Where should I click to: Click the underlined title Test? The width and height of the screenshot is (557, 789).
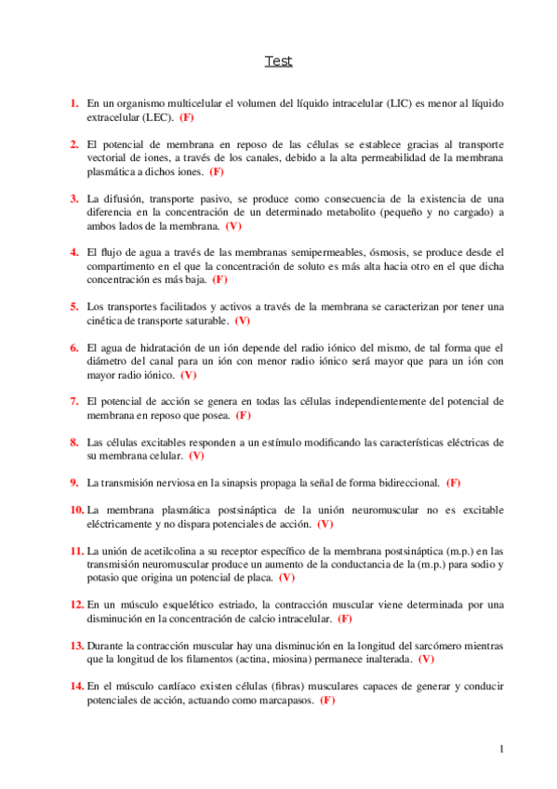click(x=278, y=61)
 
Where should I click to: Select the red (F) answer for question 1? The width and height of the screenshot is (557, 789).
click(x=187, y=118)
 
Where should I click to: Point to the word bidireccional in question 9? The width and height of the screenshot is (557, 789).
click(x=404, y=482)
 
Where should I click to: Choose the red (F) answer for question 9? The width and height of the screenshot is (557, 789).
click(x=454, y=482)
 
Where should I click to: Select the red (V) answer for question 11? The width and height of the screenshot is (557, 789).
click(x=286, y=577)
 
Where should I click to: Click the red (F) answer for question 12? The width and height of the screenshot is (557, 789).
click(x=344, y=618)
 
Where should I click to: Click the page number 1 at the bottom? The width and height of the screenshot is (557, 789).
click(x=501, y=749)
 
